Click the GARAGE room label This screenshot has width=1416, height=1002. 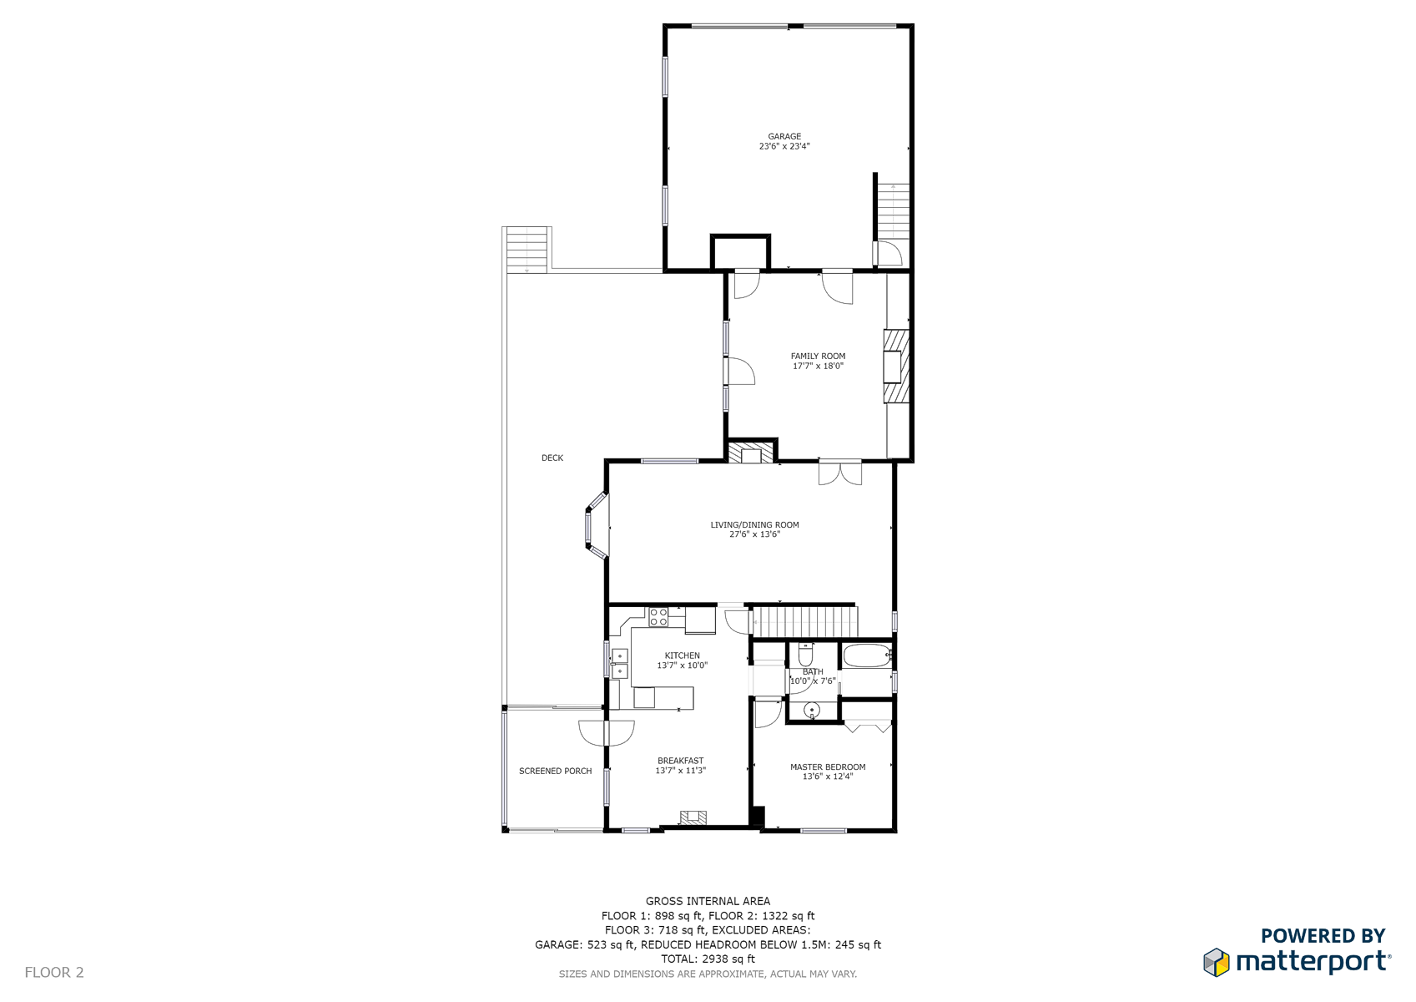coord(784,136)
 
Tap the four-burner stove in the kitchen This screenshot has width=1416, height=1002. coord(658,617)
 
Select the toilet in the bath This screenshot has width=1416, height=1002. coord(805,655)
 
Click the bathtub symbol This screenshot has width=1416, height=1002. coord(867,656)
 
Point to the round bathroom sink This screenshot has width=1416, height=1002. coord(812,711)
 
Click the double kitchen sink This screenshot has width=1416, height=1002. coord(619,664)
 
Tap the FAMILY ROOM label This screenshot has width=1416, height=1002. coord(818,357)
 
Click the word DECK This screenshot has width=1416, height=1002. coord(552,458)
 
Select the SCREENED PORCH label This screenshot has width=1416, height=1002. coord(555,771)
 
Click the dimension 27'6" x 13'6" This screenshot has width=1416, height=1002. coord(755,534)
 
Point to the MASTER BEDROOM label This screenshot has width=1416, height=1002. coord(828,767)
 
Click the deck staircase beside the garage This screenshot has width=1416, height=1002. coord(527,250)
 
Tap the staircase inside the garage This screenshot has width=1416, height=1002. coord(893,212)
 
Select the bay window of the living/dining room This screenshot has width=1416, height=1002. coord(596,526)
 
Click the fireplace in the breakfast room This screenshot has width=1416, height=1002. coord(693,818)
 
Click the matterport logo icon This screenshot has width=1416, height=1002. coord(1217,962)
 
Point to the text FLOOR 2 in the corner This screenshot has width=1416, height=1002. coord(53,972)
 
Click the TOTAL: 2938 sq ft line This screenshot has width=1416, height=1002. coord(708,959)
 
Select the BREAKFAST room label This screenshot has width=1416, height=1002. coord(680,761)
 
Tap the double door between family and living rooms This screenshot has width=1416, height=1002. coord(839,473)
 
